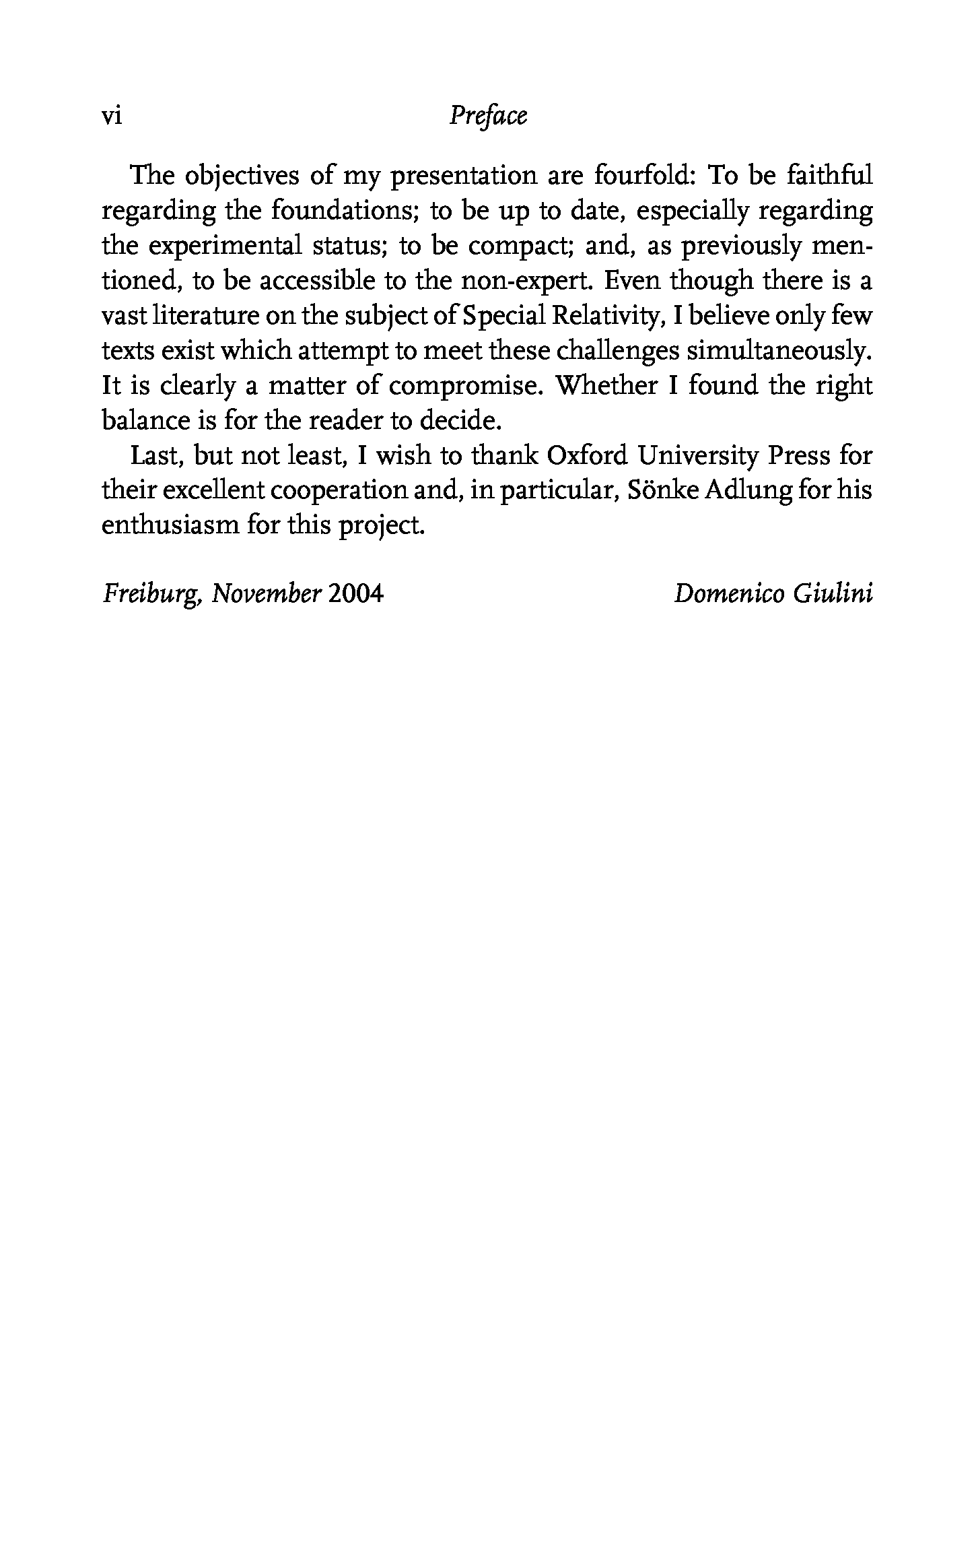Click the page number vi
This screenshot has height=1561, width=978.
click(111, 117)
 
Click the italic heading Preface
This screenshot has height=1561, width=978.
click(488, 117)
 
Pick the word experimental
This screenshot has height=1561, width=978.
click(224, 246)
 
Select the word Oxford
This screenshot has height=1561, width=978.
click(587, 457)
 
